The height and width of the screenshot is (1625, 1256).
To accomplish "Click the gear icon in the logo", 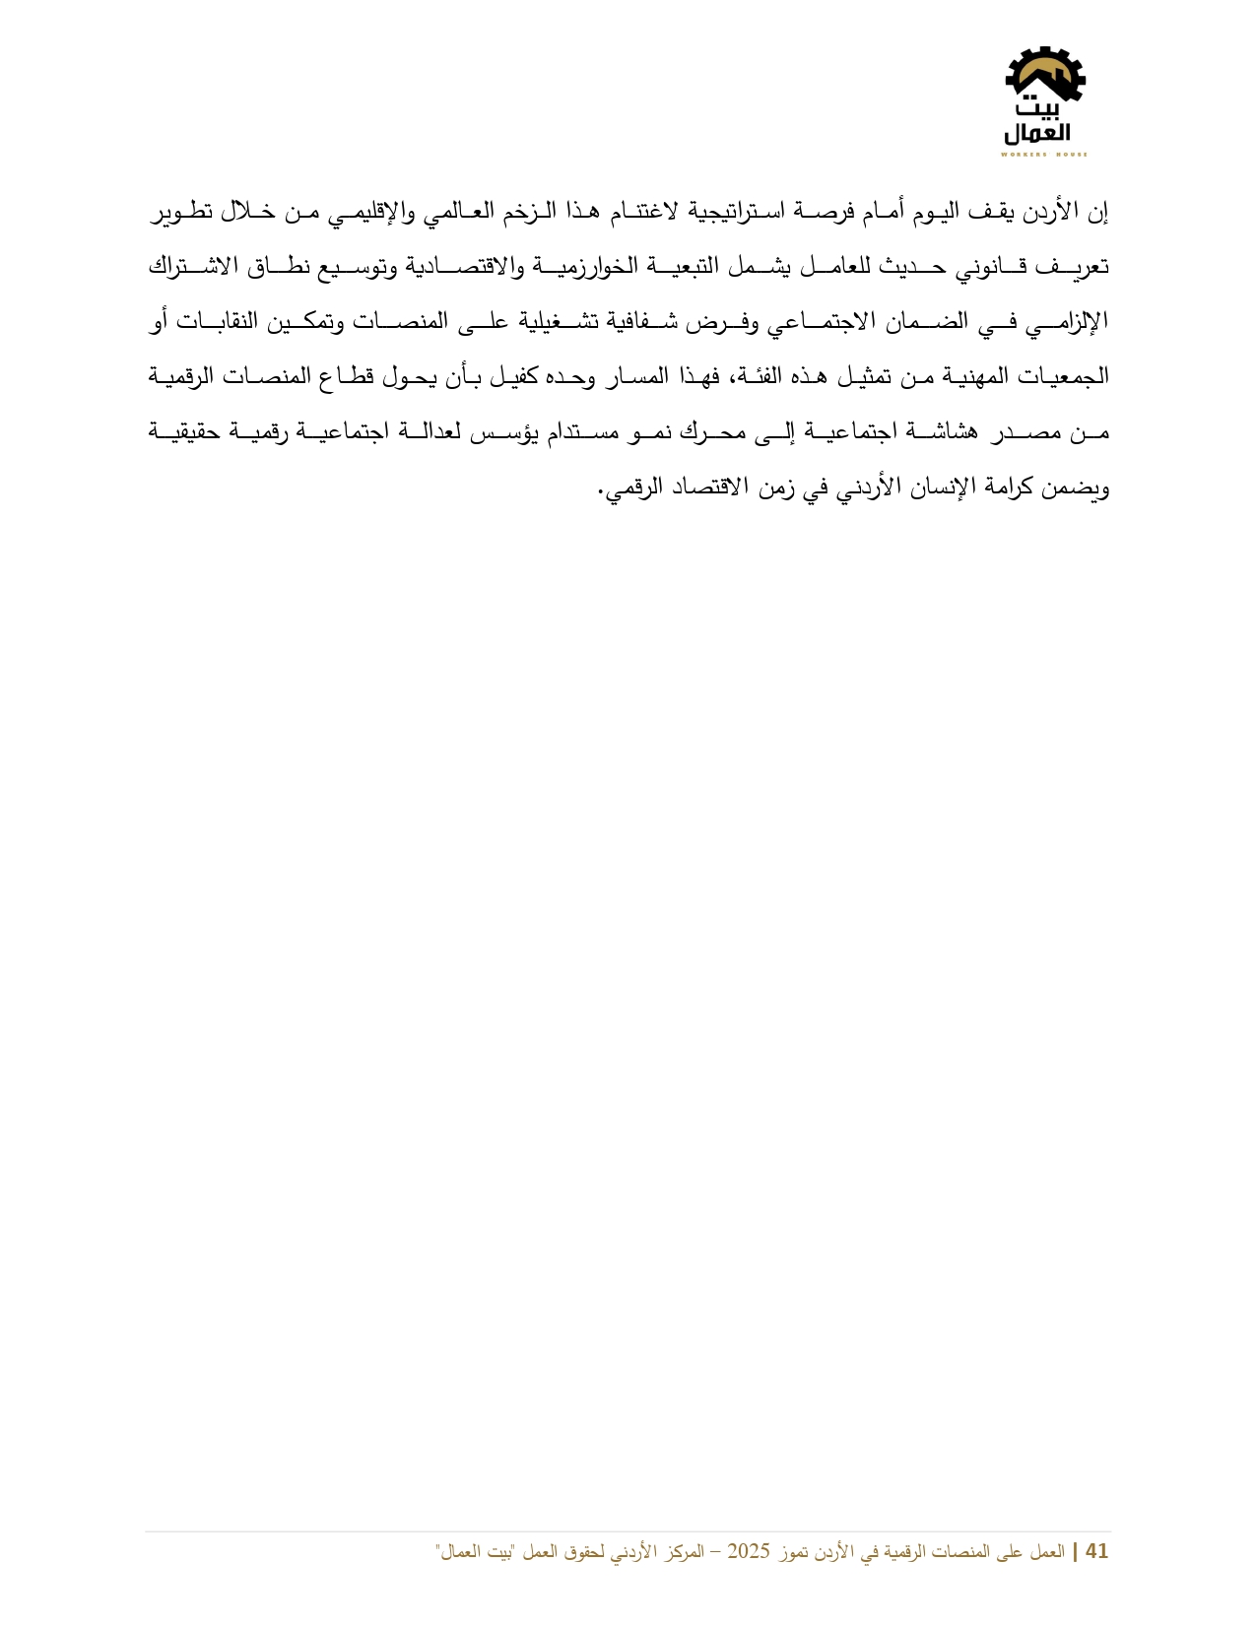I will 1044,75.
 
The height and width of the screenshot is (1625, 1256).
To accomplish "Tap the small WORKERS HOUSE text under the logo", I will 1044,155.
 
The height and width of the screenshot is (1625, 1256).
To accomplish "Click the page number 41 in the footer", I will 1096,1552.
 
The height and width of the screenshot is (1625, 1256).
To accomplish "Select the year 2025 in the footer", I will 748,1552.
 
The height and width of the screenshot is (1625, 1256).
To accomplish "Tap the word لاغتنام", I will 651,212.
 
